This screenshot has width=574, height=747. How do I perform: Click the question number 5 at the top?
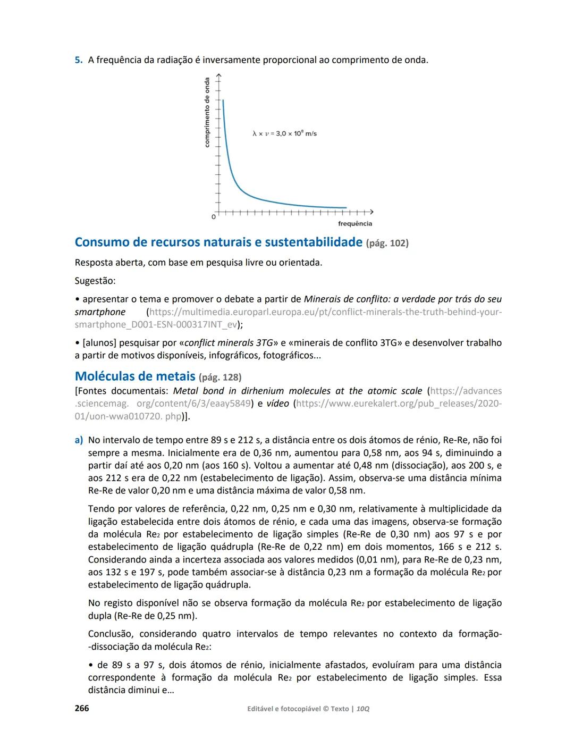click(78, 60)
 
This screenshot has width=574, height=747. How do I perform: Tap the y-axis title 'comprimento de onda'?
click(207, 113)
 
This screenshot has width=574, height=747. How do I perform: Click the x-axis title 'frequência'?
click(355, 224)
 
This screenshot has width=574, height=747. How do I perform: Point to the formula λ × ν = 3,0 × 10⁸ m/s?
click(284, 133)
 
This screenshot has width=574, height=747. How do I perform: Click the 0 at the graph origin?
click(214, 217)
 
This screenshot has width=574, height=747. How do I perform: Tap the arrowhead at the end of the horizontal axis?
click(372, 212)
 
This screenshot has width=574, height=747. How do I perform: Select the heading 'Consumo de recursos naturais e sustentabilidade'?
click(218, 242)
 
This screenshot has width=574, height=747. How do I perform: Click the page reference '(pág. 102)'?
click(387, 244)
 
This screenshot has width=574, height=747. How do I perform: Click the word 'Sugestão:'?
click(95, 281)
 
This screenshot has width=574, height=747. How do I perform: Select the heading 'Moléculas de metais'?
click(135, 376)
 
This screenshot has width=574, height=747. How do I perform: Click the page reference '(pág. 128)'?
click(220, 377)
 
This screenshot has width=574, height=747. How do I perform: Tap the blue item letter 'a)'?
click(79, 440)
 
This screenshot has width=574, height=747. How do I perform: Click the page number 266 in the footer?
click(82, 708)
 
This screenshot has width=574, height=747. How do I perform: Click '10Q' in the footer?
click(363, 709)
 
